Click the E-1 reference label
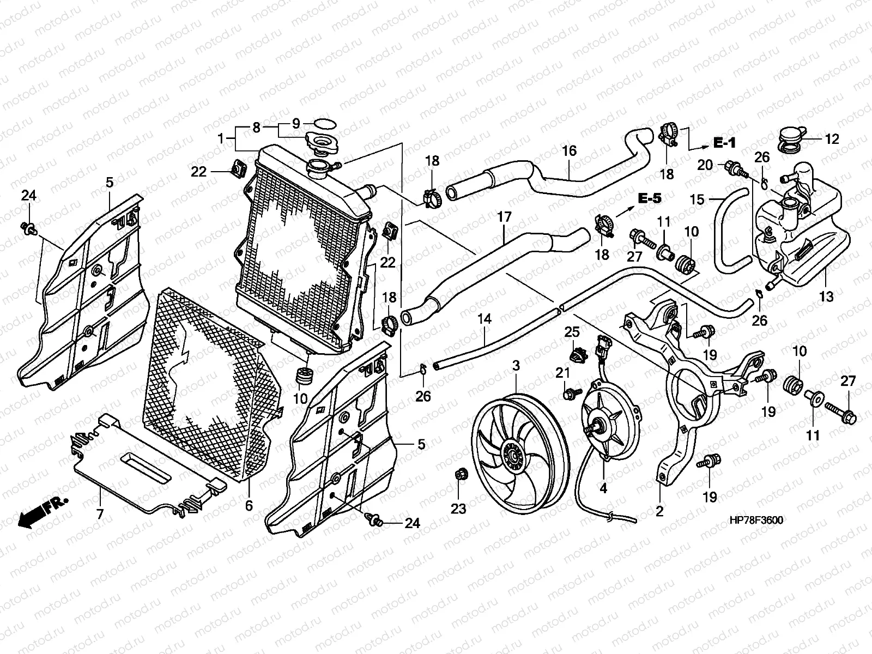(724, 143)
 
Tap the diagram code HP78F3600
(755, 520)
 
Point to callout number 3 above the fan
(516, 366)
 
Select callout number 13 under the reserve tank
(826, 296)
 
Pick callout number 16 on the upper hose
(569, 150)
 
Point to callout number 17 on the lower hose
(504, 217)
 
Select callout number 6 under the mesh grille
(249, 505)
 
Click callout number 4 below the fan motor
(603, 488)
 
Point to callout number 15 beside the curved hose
(697, 199)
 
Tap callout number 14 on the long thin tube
(485, 319)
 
